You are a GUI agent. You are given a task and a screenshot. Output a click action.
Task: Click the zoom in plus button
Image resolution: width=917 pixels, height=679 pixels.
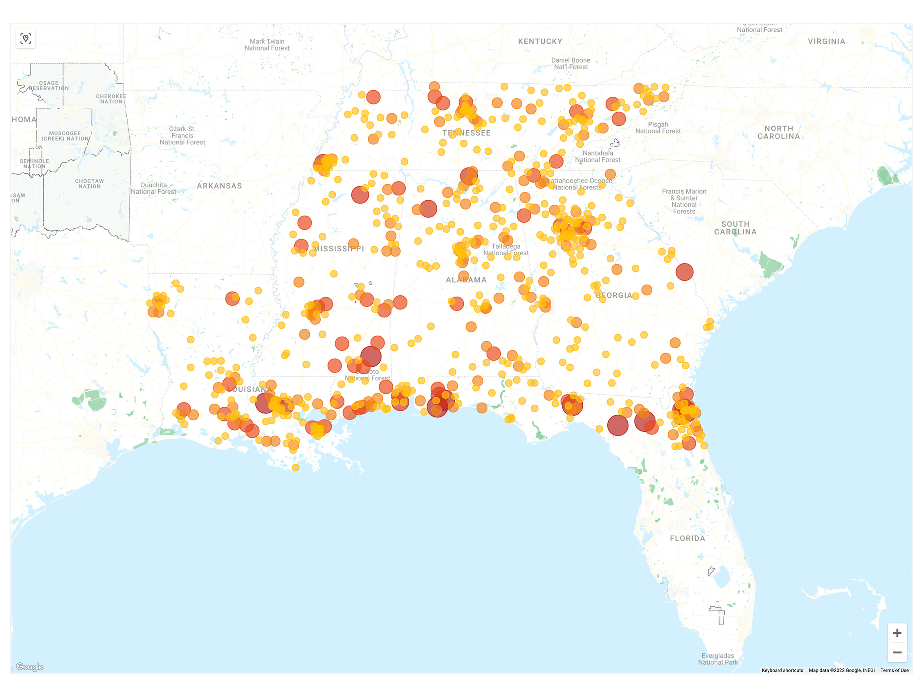click(x=897, y=633)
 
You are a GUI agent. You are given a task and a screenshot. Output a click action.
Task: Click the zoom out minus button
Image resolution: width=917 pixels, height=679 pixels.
click(x=897, y=652)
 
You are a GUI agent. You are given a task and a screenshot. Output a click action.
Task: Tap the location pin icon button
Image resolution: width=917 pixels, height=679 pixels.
click(x=25, y=39)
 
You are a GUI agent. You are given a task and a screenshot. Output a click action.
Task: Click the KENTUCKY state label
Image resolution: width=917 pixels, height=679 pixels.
click(x=540, y=42)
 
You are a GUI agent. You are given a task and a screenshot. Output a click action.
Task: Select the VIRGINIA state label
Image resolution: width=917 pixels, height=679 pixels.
click(x=826, y=42)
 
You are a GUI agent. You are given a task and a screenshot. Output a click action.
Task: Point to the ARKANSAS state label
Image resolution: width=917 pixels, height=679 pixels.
click(x=219, y=186)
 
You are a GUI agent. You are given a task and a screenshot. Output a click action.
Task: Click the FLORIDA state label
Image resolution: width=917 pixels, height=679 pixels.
click(x=687, y=538)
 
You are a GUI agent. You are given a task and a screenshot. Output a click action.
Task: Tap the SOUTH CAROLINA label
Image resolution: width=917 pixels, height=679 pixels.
click(x=735, y=228)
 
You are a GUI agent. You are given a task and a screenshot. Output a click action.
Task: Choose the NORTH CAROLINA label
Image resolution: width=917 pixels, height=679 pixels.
click(x=778, y=132)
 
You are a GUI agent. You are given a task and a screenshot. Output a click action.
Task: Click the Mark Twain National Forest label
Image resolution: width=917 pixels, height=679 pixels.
click(x=267, y=45)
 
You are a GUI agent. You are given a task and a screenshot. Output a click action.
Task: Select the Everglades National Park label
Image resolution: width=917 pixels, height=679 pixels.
click(x=717, y=659)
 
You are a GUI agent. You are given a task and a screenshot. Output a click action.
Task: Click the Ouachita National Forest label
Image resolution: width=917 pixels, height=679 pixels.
click(x=153, y=188)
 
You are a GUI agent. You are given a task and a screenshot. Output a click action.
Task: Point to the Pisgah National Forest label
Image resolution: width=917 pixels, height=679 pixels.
click(x=657, y=128)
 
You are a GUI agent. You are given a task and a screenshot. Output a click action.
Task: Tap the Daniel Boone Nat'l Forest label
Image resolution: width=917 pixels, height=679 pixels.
click(x=570, y=64)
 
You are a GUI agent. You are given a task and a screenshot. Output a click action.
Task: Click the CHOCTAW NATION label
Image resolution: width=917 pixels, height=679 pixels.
click(x=89, y=184)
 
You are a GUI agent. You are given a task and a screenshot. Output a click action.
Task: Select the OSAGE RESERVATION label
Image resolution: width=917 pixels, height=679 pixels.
click(x=49, y=85)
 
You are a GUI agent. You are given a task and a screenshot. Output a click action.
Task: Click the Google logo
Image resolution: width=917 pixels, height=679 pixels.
click(x=29, y=667)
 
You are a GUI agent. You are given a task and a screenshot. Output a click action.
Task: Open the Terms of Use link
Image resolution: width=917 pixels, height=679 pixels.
click(x=894, y=670)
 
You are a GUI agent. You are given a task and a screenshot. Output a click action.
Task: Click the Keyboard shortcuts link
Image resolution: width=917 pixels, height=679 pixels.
click(x=782, y=670)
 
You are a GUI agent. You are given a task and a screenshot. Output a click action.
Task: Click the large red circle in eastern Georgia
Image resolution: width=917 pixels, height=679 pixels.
click(x=684, y=272)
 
